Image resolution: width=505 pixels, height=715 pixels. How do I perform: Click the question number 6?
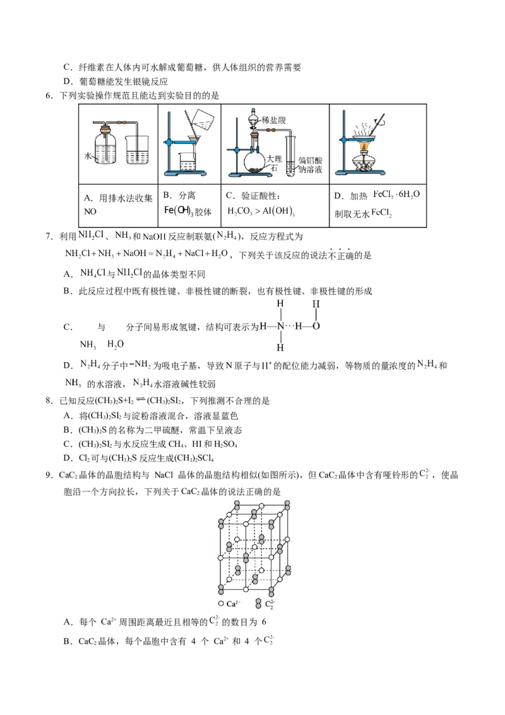pos(49,96)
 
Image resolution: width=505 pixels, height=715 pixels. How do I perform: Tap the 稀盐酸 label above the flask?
pos(274,120)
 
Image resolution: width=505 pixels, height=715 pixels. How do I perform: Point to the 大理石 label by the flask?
pos(274,163)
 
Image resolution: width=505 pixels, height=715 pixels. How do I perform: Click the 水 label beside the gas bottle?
pos(88,156)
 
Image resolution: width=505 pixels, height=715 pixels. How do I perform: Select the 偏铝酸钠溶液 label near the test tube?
pos(311,165)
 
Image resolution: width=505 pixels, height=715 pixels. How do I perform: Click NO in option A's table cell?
pos(90,212)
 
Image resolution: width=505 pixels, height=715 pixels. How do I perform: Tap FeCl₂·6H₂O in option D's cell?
pos(396,195)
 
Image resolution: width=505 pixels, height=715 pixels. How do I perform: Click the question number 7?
pos(49,237)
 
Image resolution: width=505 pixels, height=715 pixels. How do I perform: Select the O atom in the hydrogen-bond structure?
pos(316,326)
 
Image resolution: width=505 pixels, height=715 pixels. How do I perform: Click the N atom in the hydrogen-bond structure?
pos(280,326)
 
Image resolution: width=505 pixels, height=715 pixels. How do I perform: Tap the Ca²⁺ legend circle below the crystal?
pos(221,604)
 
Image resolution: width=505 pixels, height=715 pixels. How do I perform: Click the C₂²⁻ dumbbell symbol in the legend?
pos(258,604)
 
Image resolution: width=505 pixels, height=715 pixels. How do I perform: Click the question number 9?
pos(49,475)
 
